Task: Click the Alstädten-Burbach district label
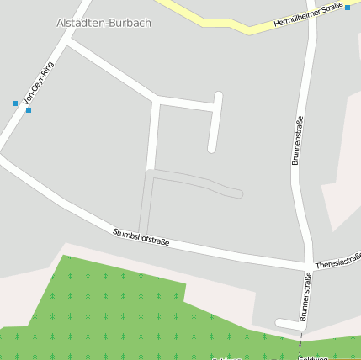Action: [104, 23]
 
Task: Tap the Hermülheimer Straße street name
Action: [309, 15]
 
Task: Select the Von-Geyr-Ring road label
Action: [39, 85]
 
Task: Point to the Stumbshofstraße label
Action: [141, 236]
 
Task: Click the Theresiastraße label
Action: [338, 261]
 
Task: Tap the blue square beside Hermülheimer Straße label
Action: [347, 8]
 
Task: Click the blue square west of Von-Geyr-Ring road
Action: [15, 103]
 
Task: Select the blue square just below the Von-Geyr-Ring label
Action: [29, 110]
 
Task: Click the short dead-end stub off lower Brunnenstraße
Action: [287, 323]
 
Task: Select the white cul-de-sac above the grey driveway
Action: [215, 122]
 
